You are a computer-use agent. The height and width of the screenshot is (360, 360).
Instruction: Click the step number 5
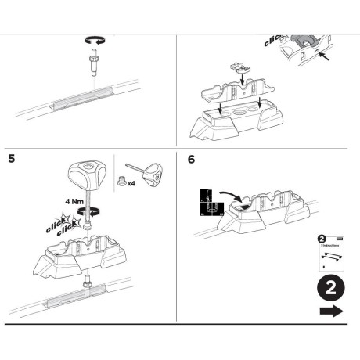11,159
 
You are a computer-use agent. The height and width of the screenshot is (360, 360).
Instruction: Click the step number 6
193,160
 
